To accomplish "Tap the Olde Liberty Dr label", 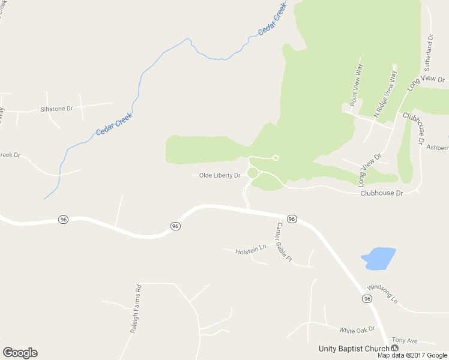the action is click(x=220, y=175).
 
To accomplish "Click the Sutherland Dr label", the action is click(x=430, y=53).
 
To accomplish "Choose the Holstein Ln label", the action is click(x=250, y=248).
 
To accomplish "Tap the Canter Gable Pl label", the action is click(x=283, y=241).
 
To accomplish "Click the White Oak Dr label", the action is click(x=357, y=329).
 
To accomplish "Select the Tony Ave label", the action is click(x=404, y=340).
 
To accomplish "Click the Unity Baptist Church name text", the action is click(x=354, y=349).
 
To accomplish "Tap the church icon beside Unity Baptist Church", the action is click(x=394, y=349).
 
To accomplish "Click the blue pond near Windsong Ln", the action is click(x=378, y=258).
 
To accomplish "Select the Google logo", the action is click(x=20, y=353).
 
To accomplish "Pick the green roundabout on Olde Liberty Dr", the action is click(x=252, y=173).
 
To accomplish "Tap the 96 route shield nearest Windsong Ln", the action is click(x=366, y=299).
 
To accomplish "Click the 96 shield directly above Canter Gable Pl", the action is click(x=292, y=219).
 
